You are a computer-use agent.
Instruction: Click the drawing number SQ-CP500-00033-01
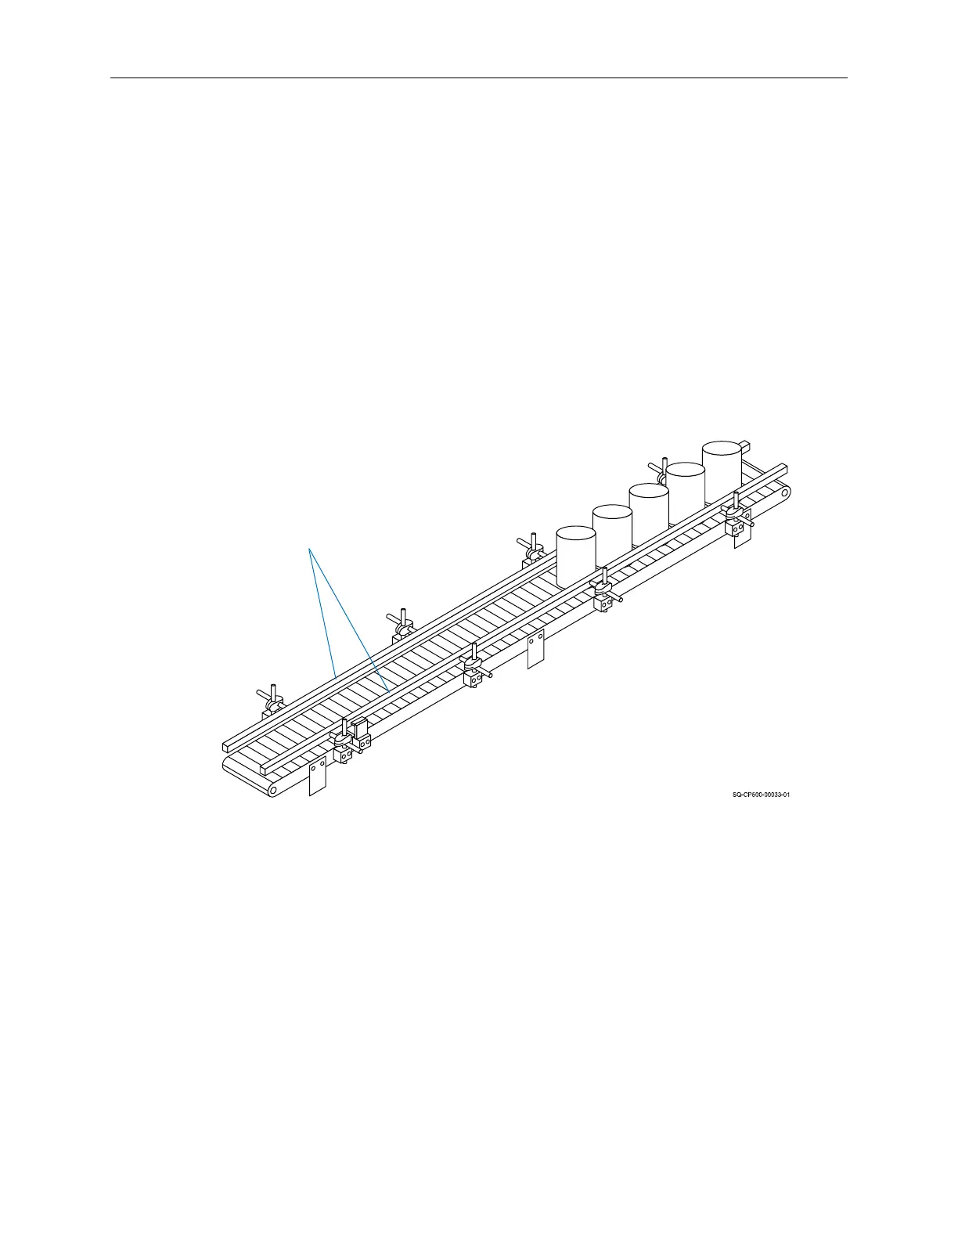[761, 795]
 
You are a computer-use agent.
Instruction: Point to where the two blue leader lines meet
[310, 550]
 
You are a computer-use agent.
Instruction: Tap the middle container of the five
[649, 514]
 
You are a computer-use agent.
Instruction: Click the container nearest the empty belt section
[576, 556]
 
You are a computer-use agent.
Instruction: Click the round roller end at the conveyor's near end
[272, 790]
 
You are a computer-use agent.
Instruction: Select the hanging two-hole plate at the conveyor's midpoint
[535, 648]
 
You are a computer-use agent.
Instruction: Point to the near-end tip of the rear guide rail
[227, 746]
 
